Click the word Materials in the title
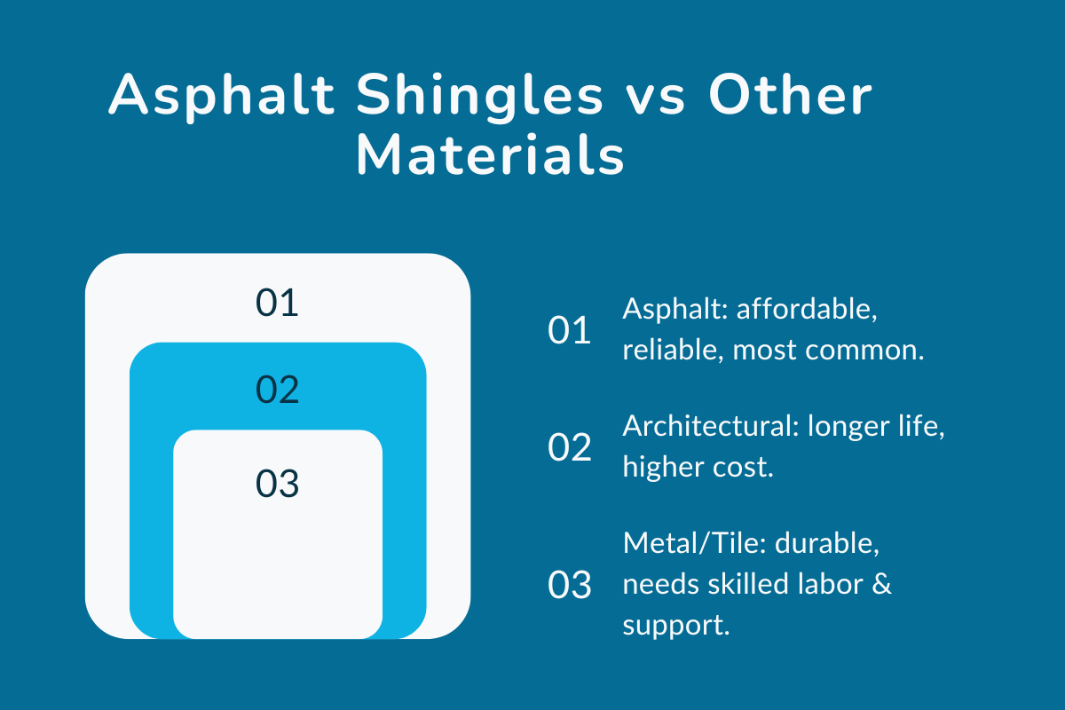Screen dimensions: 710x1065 (x=490, y=157)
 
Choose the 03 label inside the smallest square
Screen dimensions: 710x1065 (x=277, y=485)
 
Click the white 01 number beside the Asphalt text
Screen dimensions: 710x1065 (x=570, y=331)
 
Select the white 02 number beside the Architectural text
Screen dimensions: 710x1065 (x=570, y=448)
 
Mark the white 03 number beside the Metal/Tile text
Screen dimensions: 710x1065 (x=570, y=586)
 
